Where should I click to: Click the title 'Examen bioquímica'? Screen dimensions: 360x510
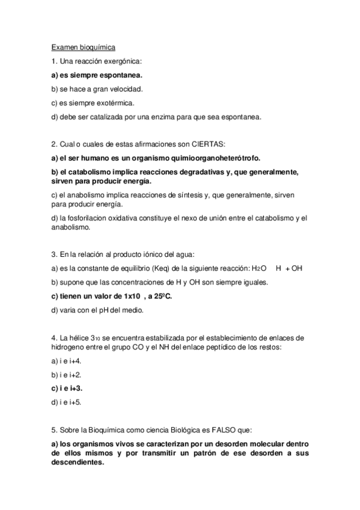84,47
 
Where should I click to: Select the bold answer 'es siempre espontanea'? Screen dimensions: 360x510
100,75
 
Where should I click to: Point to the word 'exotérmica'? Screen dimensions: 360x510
115,103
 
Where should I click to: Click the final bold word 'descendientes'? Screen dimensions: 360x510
78,464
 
